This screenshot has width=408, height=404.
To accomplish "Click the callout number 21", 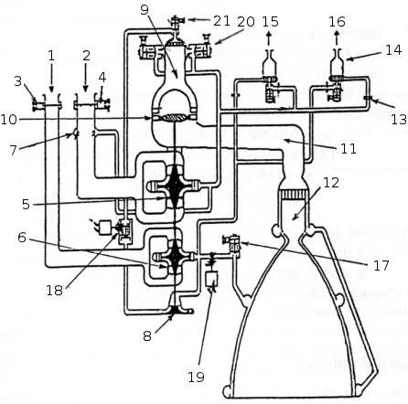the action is [221, 21].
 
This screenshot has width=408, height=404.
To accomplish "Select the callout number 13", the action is [399, 120].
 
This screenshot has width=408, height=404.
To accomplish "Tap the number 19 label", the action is [196, 377].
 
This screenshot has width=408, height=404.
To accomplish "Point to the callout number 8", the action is [147, 336].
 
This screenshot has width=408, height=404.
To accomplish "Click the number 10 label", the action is [8, 119].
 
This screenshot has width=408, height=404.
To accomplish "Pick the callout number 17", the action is [381, 265].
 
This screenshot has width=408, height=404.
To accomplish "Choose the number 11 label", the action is [349, 149].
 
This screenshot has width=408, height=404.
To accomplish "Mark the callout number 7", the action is [13, 150].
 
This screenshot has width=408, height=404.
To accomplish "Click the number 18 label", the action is [54, 291].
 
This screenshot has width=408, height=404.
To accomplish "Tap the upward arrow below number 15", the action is [269, 38].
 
